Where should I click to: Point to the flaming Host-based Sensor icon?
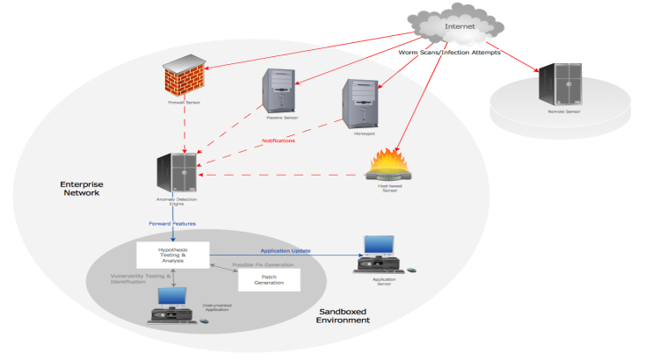tap(388, 165)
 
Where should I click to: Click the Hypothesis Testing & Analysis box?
tap(172, 255)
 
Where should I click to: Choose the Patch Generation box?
tap(269, 280)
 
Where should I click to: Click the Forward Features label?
tap(173, 223)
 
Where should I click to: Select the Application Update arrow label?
tap(286, 249)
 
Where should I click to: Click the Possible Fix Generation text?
tap(263, 263)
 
